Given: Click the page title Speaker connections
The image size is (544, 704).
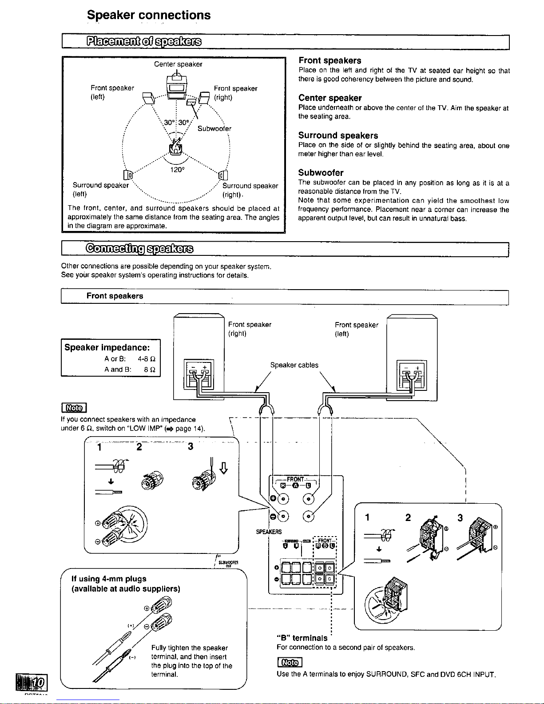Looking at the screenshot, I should [x=149, y=15].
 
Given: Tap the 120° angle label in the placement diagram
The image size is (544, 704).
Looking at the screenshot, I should [x=177, y=169].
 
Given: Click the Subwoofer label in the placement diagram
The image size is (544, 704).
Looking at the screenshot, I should [x=214, y=129].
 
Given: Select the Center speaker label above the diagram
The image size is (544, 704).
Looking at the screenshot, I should [x=178, y=64].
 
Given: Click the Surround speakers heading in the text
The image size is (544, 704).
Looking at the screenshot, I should [x=338, y=135].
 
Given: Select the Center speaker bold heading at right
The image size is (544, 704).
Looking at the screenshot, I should [x=330, y=98].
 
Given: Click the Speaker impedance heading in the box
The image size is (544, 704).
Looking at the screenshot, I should [x=107, y=347].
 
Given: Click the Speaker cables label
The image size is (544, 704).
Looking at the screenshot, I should [x=294, y=365].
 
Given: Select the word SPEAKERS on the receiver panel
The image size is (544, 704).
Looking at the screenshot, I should [x=269, y=532].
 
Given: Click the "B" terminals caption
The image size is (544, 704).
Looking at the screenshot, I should [x=302, y=638].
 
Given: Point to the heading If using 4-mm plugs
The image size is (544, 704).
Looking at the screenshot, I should [x=109, y=579].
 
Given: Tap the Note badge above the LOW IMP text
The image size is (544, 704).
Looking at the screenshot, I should [x=73, y=407].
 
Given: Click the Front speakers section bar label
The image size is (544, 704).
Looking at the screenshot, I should [x=115, y=296].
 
